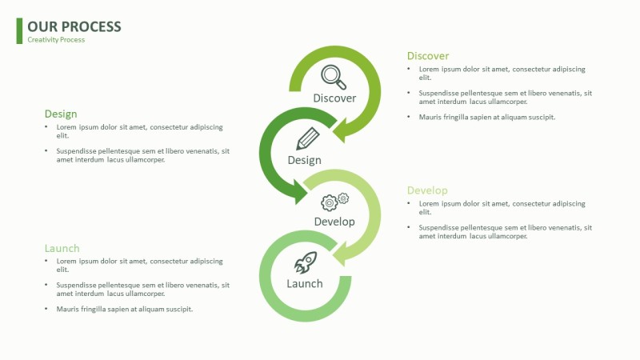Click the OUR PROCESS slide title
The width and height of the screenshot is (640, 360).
74,26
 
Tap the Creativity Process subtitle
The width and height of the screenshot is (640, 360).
56,40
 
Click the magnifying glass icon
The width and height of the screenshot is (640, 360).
334,77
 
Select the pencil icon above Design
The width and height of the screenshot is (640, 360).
307,138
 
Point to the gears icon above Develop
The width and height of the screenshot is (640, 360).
334,201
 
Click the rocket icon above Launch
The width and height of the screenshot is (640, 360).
306,262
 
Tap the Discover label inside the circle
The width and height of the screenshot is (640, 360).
334,98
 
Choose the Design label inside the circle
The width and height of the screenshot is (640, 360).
304,160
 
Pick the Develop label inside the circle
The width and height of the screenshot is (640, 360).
334,222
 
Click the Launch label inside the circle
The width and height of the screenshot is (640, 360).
305,284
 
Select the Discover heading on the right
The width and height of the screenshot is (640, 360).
428,56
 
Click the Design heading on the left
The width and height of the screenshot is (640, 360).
61,114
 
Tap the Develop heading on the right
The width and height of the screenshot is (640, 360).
427,190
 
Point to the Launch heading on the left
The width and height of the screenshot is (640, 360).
62,249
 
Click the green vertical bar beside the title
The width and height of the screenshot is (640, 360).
19,30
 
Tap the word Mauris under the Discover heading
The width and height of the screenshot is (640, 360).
430,117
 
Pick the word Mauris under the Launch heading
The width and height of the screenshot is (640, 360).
68,309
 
